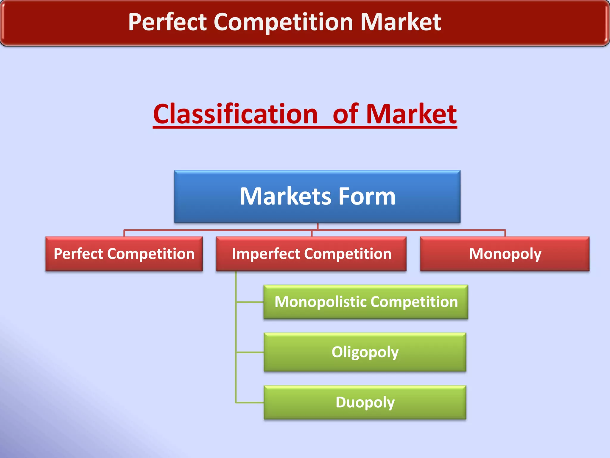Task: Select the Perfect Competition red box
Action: (124, 254)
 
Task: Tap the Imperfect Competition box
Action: (311, 254)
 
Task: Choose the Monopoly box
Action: (505, 254)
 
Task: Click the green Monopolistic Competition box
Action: (366, 302)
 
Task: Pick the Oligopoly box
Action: (365, 352)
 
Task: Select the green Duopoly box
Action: (365, 402)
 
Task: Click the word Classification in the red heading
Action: (235, 114)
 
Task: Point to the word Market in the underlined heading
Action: (411, 114)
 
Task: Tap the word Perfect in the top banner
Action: (167, 22)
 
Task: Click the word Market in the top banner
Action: (401, 22)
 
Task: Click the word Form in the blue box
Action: (367, 196)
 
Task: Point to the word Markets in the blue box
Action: (285, 196)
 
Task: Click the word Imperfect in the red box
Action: (266, 254)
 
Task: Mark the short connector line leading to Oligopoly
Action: (250, 352)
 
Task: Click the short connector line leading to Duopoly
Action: (250, 403)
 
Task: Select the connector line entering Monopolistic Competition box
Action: (250, 302)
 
